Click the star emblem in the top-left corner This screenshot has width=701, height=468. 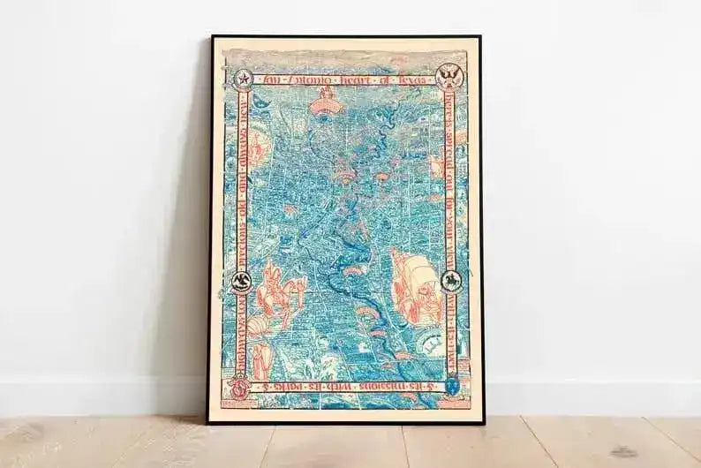(x=242, y=79)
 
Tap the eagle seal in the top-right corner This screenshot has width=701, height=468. (x=448, y=76)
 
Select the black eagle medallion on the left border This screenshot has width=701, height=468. (x=240, y=282)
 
